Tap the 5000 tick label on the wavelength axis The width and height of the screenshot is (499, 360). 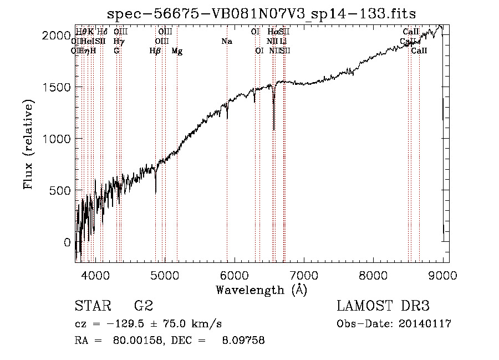pyautogui.click(x=165, y=275)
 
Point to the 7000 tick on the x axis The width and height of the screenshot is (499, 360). pyautogui.click(x=304, y=275)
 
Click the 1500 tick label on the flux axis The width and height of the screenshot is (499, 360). pyautogui.click(x=58, y=87)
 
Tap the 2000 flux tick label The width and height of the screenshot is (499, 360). pyautogui.click(x=58, y=36)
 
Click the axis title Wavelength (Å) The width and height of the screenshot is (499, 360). pyautogui.click(x=261, y=290)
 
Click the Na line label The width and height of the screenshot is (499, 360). pyautogui.click(x=227, y=42)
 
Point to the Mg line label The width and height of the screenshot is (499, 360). pyautogui.click(x=177, y=51)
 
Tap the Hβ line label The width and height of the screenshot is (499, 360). pyautogui.click(x=155, y=51)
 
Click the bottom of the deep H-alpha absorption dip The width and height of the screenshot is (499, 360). pyautogui.click(x=274, y=129)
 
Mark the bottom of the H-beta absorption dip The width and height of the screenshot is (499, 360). pyautogui.click(x=156, y=192)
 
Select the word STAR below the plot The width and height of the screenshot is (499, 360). pyautogui.click(x=91, y=306)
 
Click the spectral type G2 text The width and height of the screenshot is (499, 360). pyautogui.click(x=143, y=306)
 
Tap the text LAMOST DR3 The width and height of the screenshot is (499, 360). pyautogui.click(x=383, y=306)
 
